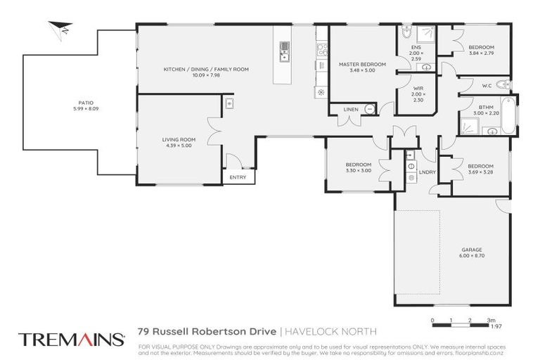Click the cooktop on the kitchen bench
(321, 49)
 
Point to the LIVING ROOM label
(179, 139)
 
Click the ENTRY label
(238, 177)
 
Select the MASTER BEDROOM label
(362, 64)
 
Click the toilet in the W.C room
(501, 85)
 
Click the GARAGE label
(470, 248)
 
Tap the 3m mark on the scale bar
(490, 321)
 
